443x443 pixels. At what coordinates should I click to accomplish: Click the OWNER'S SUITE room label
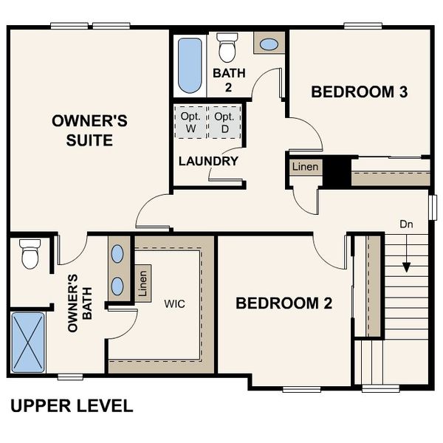pos(82,130)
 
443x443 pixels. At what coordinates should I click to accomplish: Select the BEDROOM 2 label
pos(284,303)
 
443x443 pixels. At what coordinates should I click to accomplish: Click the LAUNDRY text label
pos(208,161)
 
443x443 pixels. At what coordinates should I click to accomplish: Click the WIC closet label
pos(174,303)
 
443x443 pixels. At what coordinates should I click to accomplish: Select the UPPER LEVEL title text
pos(72,405)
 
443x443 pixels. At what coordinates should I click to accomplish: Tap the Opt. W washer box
pos(190,123)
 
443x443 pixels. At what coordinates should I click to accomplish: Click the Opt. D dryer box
pos(224,123)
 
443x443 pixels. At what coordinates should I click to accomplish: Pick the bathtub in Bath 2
pos(190,66)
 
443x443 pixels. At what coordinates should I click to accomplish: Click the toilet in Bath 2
pos(226,48)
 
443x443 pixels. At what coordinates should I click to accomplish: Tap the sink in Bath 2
pos(269,44)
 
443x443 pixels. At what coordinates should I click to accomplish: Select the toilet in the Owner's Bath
pos(30,254)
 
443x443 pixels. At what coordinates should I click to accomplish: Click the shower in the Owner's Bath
pos(28,342)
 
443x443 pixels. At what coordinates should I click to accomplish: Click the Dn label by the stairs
pos(406,223)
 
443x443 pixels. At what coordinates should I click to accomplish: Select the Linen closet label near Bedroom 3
pos(305,167)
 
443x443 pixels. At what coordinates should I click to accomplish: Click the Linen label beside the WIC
pos(142,283)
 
